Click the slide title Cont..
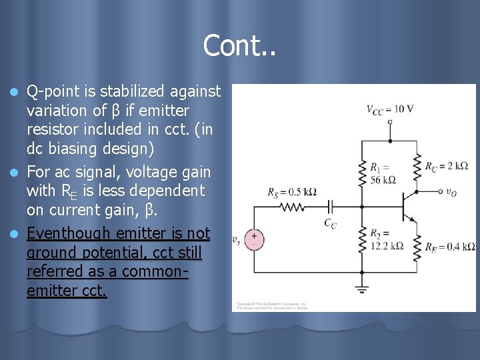tap(239, 45)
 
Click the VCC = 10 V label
tap(390, 109)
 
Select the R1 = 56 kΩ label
tap(383, 173)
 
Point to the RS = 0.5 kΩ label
tap(291, 192)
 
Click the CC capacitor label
tap(331, 224)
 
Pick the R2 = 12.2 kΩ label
tap(387, 239)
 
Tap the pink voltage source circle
tap(253, 239)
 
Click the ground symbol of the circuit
tap(362, 288)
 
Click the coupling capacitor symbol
tap(331, 207)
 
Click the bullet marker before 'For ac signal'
tap(18, 173)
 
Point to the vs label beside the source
tap(237, 239)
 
